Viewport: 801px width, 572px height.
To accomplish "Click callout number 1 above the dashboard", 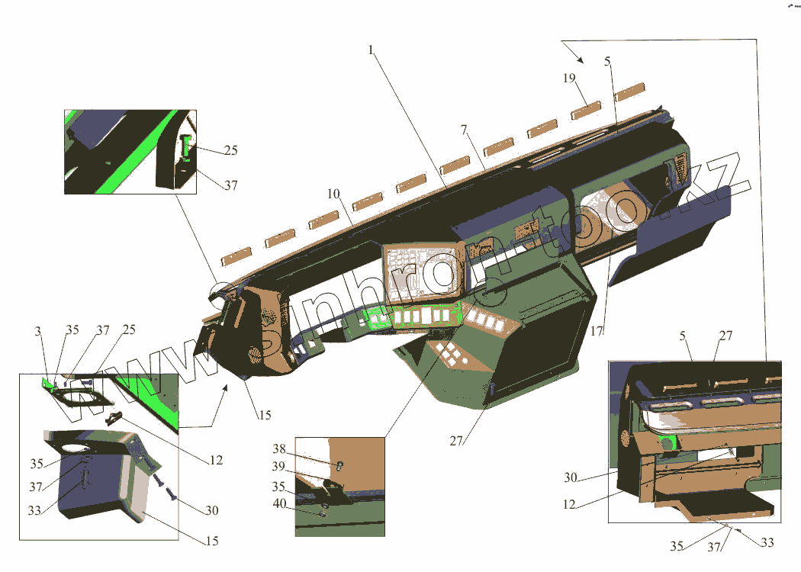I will (371, 50).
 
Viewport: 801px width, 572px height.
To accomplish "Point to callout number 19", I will (568, 78).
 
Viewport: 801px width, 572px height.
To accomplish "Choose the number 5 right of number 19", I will (607, 63).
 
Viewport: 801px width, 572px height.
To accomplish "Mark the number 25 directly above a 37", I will (230, 151).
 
